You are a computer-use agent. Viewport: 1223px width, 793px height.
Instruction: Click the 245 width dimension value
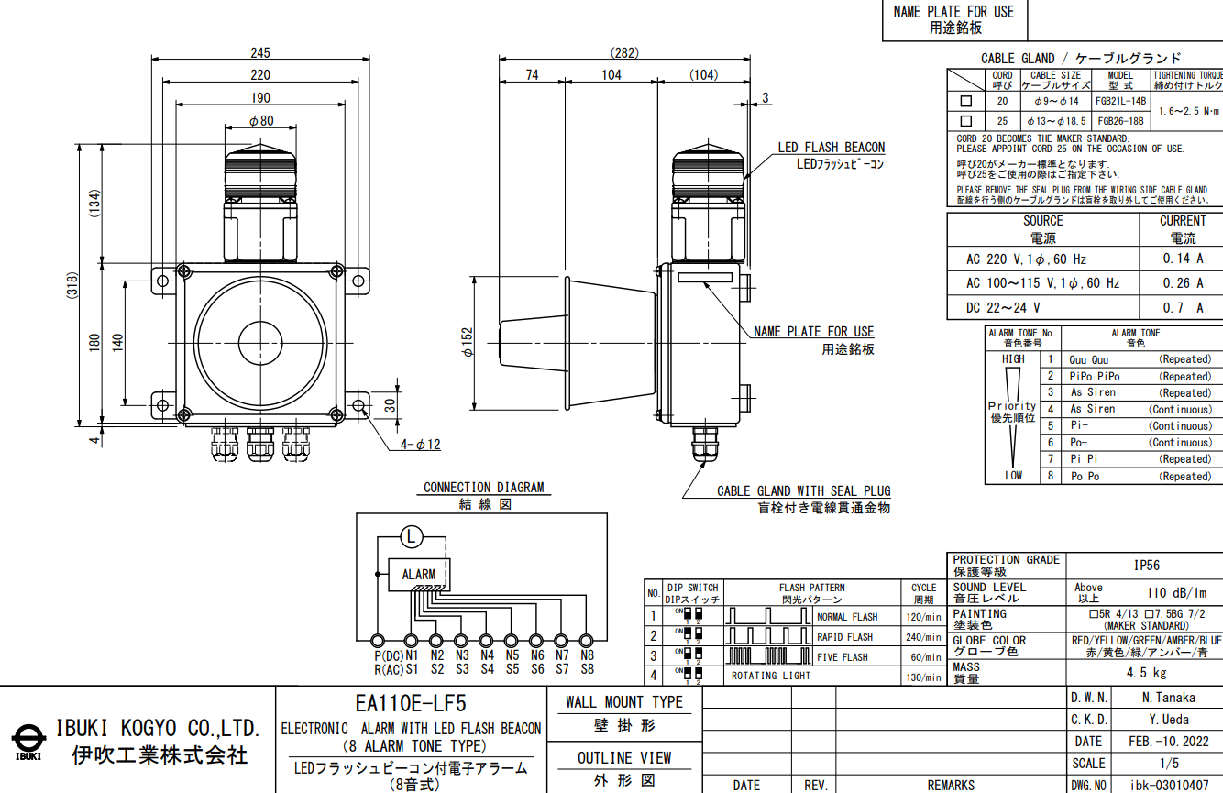[260, 52]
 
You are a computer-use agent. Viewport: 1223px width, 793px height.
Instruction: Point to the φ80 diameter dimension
[261, 121]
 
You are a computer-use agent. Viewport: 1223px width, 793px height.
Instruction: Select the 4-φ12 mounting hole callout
[421, 445]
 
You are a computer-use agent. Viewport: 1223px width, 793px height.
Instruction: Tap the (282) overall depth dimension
[624, 52]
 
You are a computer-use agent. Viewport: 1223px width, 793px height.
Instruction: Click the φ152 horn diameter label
[468, 342]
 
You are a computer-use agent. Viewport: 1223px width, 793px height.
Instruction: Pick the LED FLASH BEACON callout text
[831, 148]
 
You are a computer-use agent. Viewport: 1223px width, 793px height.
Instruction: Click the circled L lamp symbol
[412, 537]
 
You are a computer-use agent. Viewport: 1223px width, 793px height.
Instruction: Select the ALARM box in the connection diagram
[419, 575]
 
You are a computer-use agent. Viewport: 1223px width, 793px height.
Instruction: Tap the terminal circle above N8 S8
[587, 641]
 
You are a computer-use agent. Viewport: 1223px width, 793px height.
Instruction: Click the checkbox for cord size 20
[966, 101]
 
